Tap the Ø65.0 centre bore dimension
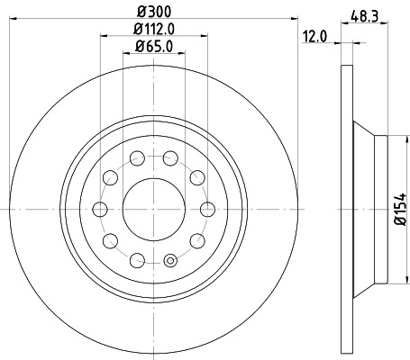(x=154, y=47)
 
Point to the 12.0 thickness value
(x=314, y=39)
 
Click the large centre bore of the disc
(x=153, y=210)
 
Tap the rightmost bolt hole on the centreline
(x=208, y=210)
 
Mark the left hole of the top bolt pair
(x=137, y=159)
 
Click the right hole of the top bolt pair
(x=170, y=159)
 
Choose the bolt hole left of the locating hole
(x=137, y=261)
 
